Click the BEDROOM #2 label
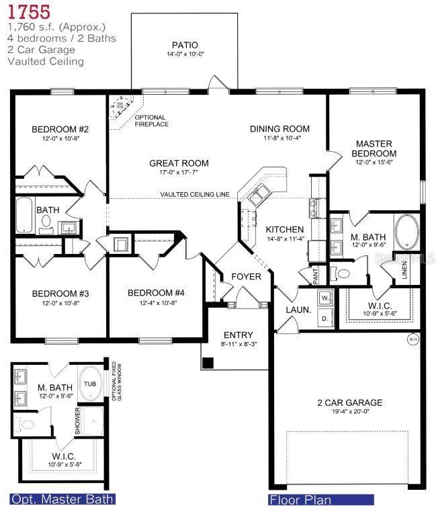click(60, 129)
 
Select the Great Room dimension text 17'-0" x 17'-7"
click(179, 173)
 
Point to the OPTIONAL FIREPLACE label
click(151, 121)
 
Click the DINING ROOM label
click(279, 128)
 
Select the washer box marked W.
click(325, 296)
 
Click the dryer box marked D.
click(325, 317)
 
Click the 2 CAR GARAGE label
click(350, 403)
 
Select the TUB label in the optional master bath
click(90, 384)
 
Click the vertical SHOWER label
click(78, 421)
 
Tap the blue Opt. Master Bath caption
click(62, 499)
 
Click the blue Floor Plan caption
click(300, 500)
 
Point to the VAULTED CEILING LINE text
click(195, 195)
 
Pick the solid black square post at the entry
click(208, 363)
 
